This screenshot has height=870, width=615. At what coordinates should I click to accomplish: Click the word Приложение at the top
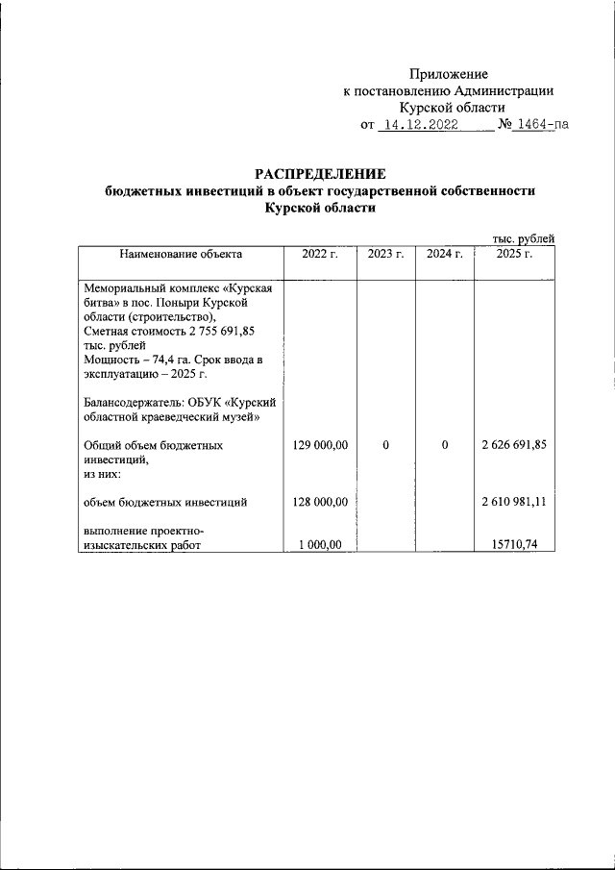coord(449,74)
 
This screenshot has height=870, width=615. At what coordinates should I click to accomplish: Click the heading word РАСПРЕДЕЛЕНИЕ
coord(320,174)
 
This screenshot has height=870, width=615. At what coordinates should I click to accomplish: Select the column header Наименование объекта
coord(181,255)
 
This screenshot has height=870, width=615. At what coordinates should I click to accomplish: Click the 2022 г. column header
coord(321,255)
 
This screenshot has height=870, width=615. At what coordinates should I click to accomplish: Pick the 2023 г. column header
coord(385,255)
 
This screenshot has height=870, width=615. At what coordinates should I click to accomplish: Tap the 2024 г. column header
coord(445,255)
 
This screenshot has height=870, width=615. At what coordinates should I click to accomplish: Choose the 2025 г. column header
coord(515,255)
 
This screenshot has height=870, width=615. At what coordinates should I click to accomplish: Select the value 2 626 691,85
coord(514,446)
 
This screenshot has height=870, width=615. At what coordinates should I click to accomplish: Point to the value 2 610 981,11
coord(514,502)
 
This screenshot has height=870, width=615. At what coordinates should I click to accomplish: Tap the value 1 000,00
coord(322,545)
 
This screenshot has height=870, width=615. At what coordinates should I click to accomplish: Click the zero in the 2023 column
coord(385,446)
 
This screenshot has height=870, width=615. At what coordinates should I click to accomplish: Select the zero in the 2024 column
coord(445,446)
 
